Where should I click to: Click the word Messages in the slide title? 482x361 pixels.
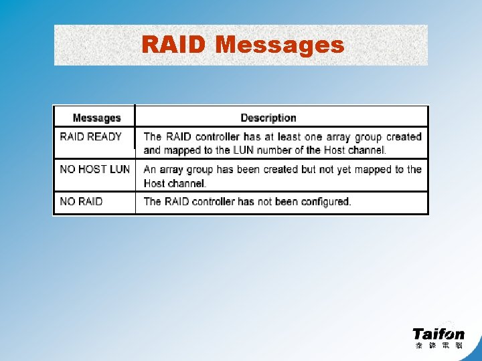point(280,45)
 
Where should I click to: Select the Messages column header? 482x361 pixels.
point(96,118)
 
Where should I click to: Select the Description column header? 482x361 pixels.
point(268,118)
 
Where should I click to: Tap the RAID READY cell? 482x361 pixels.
point(91,137)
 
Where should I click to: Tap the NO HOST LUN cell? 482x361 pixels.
point(94,169)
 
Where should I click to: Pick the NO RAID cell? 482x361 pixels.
point(81,201)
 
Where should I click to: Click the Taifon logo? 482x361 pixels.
point(438,334)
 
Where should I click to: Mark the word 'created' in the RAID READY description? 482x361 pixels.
point(404,137)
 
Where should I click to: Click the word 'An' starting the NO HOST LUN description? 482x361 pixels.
point(150,169)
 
